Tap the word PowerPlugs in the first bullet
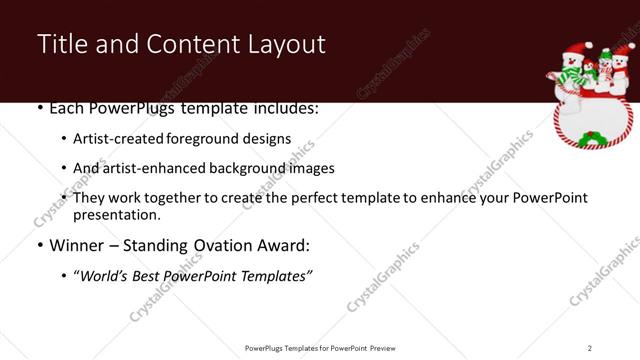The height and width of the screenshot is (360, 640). tap(123, 108)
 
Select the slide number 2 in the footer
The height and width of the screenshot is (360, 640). tap(589, 347)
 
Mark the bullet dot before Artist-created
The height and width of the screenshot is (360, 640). tap(64, 140)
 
